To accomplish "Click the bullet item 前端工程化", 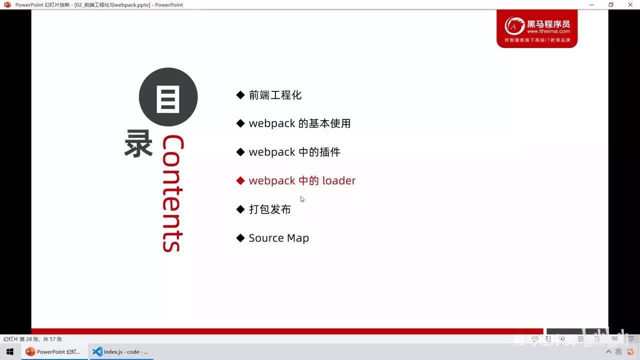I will (x=275, y=95).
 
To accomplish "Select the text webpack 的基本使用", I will (x=299, y=123).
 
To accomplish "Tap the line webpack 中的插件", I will (x=294, y=152).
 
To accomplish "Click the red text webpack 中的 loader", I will (x=302, y=180).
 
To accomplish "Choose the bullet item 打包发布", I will (x=270, y=209).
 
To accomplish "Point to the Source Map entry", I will (x=278, y=238).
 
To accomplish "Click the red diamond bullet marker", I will (x=240, y=180).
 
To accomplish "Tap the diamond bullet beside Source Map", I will (x=240, y=238).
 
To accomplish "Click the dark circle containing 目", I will (x=168, y=97).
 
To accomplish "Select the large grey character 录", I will (x=138, y=144).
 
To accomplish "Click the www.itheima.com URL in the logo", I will (x=548, y=31).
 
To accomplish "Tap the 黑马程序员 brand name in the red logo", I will (x=548, y=23).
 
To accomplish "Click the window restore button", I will (x=610, y=4).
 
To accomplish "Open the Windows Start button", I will (x=9, y=351).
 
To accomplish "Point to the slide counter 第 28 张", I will (x=32, y=339).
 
